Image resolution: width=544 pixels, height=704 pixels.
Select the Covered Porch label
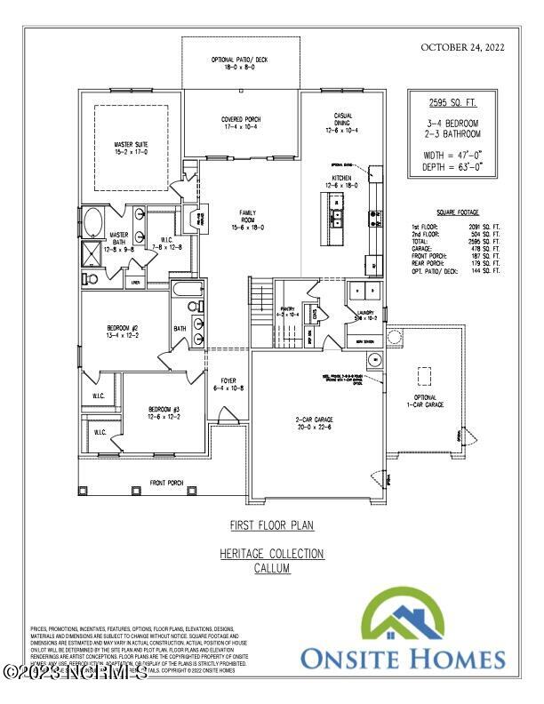[x=241, y=124]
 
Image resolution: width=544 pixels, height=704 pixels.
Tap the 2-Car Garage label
[x=315, y=423]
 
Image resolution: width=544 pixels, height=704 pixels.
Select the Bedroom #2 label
[x=122, y=333]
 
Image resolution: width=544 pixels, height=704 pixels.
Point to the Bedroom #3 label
[x=164, y=413]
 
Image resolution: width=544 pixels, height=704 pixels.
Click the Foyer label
[x=223, y=385]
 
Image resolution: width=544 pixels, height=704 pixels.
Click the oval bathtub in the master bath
[x=92, y=222]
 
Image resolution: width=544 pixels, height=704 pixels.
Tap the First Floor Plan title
[x=272, y=525]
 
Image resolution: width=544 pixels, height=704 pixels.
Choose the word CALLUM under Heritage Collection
[x=272, y=567]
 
